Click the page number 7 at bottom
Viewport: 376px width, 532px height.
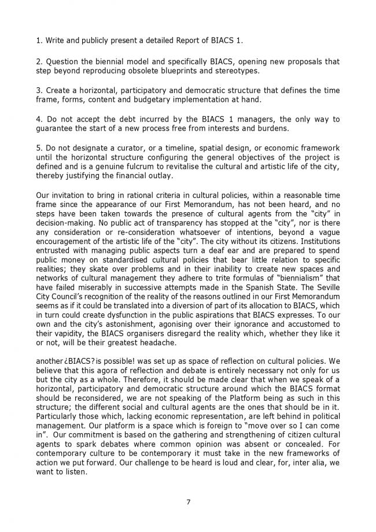coord(188,501)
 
